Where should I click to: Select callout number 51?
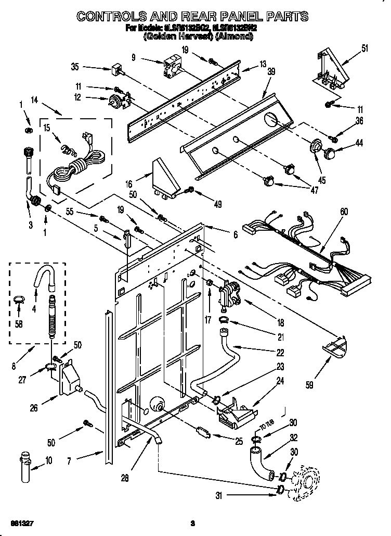pos(364,50)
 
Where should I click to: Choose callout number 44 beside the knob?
pos(359,143)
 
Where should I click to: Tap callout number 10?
pos(49,460)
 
